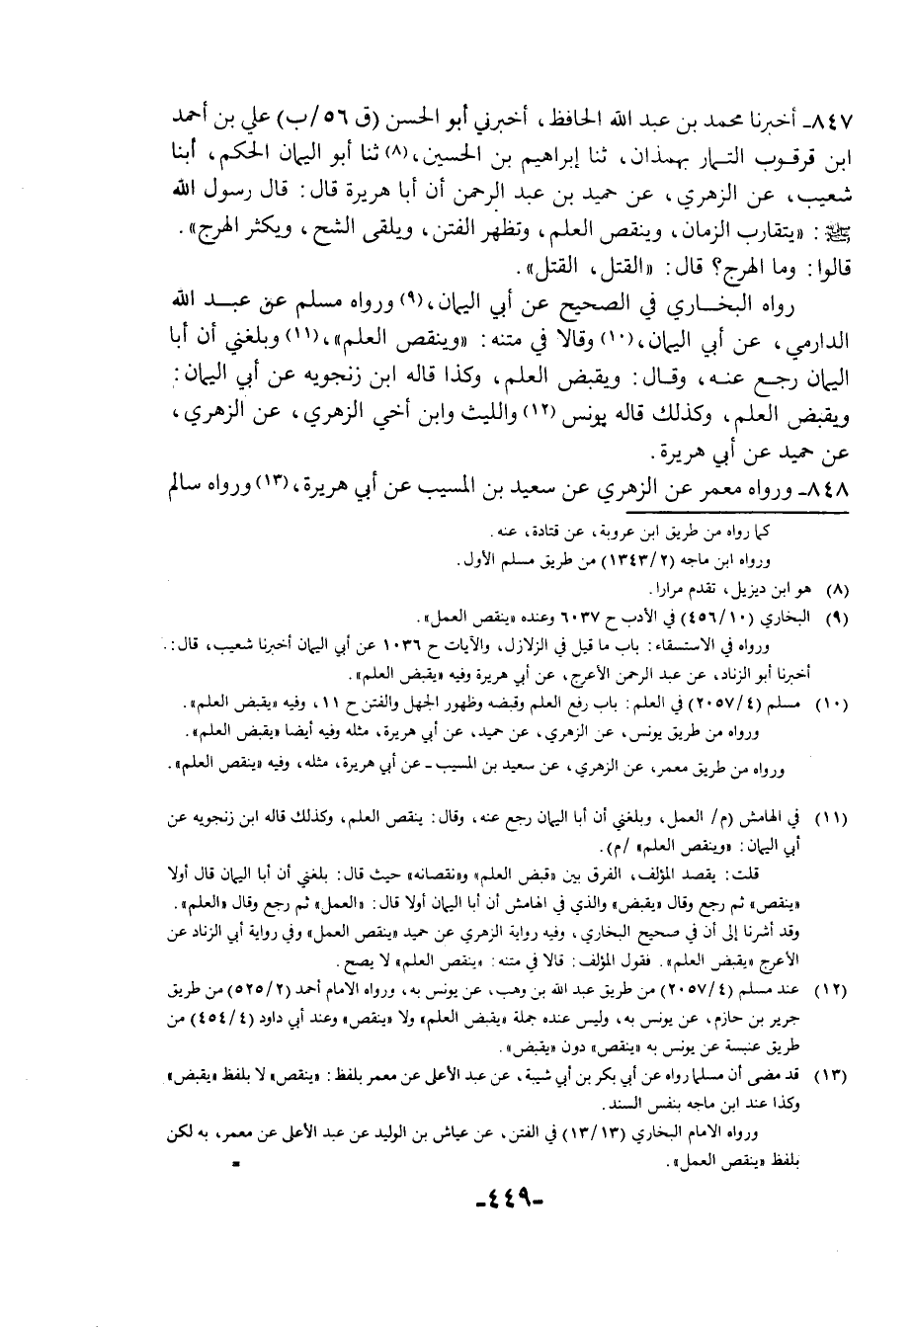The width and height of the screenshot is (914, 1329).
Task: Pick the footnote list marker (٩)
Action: (x=837, y=619)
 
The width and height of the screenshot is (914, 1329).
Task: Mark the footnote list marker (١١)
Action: (x=834, y=819)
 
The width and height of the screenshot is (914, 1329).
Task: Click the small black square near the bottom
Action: (x=237, y=1166)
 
